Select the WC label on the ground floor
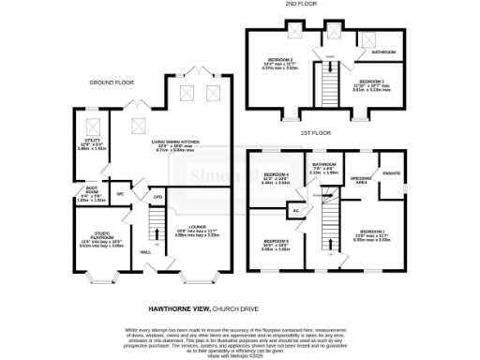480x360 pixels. coord(120,194)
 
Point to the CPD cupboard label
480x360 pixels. coord(157,197)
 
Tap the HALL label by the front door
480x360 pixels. coord(145,252)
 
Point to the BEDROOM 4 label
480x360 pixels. coord(275,175)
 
